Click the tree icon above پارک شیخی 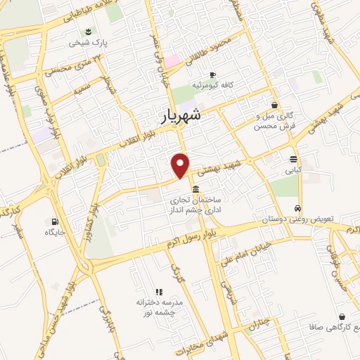tap(89, 32)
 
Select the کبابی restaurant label tap(293, 169)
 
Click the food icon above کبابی tap(293, 159)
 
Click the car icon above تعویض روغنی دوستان tap(299, 209)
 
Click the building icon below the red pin tap(195, 189)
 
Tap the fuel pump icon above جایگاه tap(55, 221)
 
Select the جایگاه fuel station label tap(55, 231)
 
